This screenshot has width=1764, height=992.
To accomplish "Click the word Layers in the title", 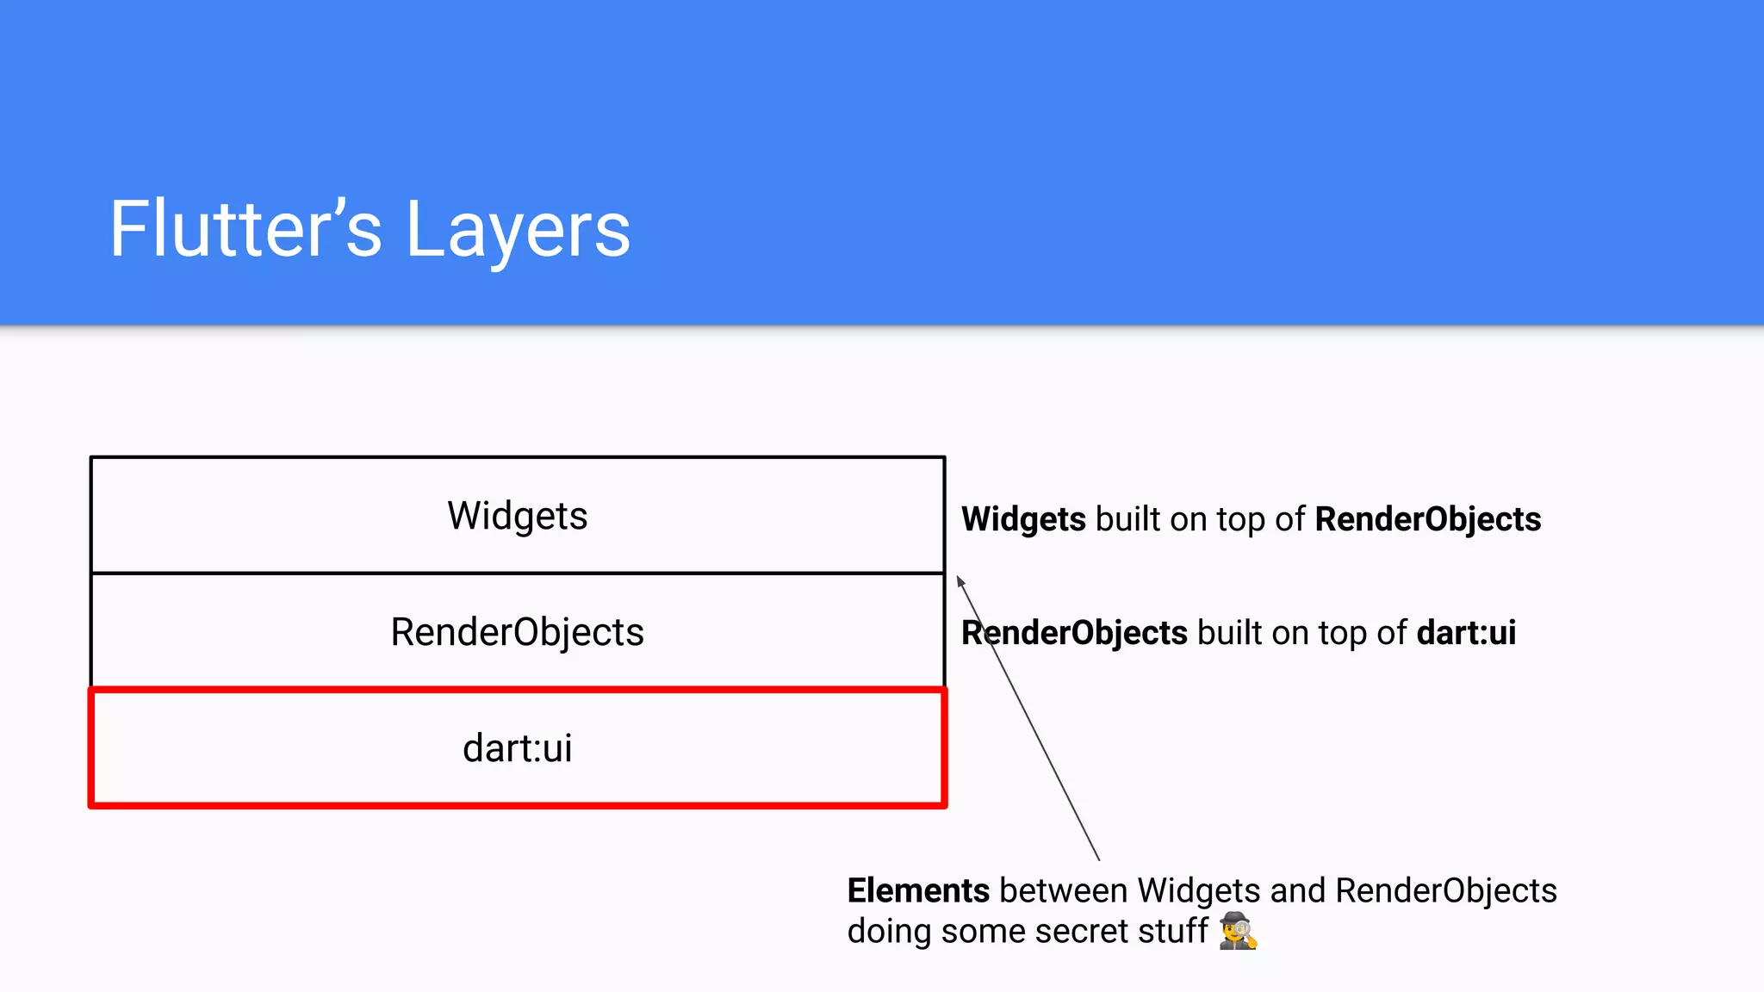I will pos(518,230).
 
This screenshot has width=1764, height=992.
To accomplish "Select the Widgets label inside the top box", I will pos(517,516).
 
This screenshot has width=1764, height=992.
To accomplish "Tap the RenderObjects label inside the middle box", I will pos(517,632).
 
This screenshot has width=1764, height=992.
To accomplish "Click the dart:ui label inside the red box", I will pos(517,747).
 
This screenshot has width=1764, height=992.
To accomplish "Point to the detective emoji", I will pos(1238,931).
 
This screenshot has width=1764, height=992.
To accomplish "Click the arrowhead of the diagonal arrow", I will pos(960,582).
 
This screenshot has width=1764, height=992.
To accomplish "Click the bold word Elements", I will pos(918,890).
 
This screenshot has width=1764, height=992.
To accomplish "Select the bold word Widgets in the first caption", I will pos(1023,519).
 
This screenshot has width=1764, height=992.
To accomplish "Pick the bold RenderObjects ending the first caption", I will pos(1427,519).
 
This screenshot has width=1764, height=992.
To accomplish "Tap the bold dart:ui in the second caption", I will pos(1466,633).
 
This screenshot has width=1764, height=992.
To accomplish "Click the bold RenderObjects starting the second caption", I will pos(1074,633).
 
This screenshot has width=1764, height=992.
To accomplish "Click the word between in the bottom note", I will pos(1063,890).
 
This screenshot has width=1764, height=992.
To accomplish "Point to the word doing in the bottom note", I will pos(889,931).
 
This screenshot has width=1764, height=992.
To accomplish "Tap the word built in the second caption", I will pos(1229,633).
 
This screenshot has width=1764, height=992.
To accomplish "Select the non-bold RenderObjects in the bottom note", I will pos(1446,890).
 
